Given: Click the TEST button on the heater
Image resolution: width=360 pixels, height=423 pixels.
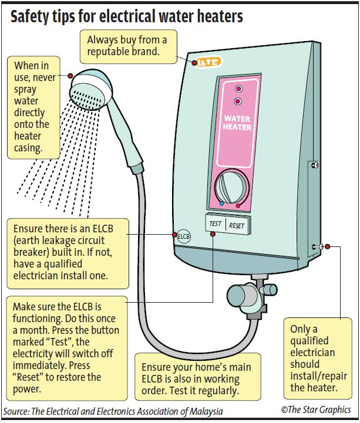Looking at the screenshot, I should tap(215, 224).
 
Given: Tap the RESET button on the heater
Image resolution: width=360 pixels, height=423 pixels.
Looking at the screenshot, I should tap(237, 225).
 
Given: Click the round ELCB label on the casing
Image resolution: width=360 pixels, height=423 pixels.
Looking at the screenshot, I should tap(184, 237).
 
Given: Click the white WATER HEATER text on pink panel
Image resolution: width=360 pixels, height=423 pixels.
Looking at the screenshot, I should tap(237, 123).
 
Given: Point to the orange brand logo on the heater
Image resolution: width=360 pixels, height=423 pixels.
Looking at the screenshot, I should tap(207, 62).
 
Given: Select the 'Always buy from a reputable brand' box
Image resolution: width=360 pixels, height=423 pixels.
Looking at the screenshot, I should tap(127, 47).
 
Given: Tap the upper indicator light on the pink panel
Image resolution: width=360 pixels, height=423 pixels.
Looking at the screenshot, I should tap(238, 89).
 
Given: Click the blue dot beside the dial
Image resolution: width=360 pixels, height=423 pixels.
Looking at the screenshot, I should tap(221, 204).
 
